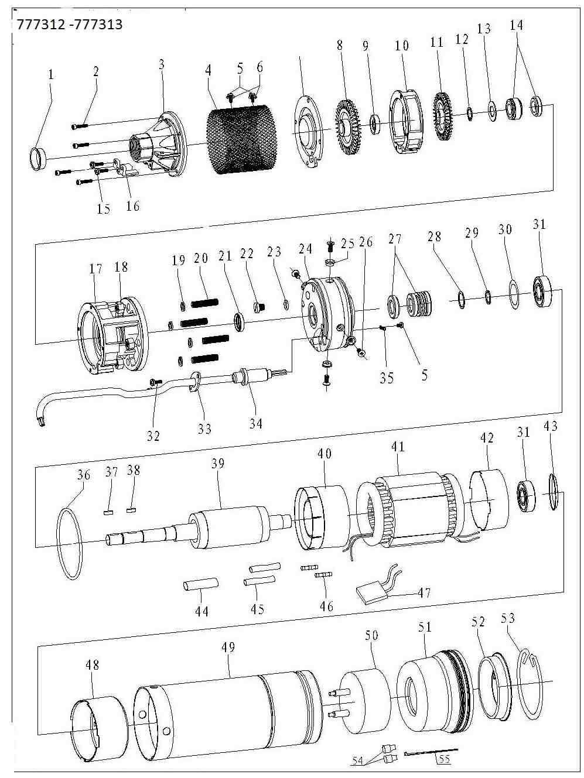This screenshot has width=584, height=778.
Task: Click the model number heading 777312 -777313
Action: click(70, 25)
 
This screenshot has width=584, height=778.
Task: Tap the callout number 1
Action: click(51, 74)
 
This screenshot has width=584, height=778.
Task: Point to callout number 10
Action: click(401, 46)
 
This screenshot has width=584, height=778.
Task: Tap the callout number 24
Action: click(305, 249)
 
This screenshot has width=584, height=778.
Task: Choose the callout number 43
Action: click(550, 427)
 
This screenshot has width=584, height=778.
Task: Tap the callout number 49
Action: click(228, 647)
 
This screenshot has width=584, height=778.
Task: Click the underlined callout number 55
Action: click(445, 760)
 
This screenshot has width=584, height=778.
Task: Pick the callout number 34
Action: click(255, 423)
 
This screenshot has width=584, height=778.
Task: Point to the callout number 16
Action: click(133, 206)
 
